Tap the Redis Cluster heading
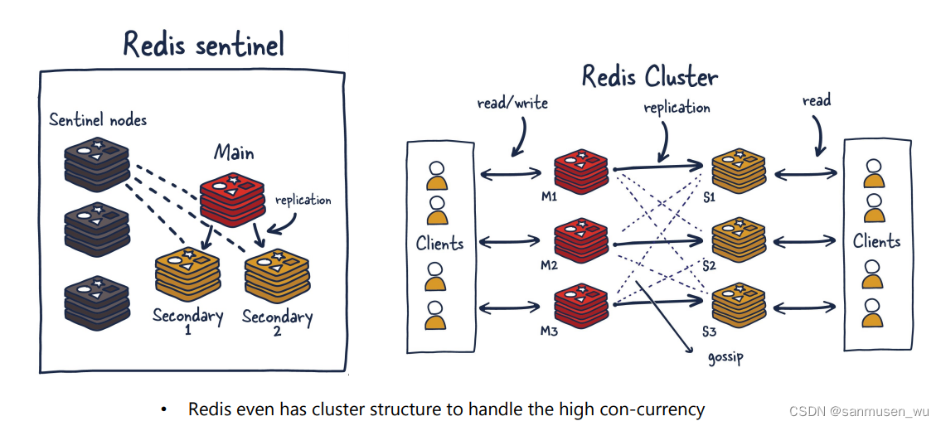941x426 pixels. (649, 76)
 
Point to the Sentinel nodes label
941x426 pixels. (98, 119)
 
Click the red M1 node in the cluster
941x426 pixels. (581, 169)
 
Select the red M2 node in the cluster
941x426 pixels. (581, 240)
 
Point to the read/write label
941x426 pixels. (512, 104)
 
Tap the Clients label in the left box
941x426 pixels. (439, 244)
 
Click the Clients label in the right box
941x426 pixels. (876, 242)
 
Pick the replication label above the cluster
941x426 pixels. (677, 108)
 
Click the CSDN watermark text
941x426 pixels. (858, 411)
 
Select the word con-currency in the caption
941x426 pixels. (656, 409)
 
